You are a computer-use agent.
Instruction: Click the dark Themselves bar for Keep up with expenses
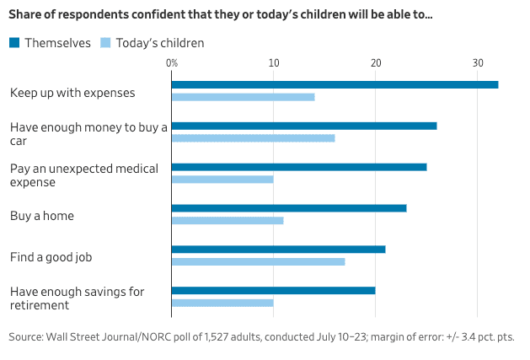pyautogui.click(x=335, y=84)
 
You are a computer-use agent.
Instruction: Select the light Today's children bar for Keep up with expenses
pyautogui.click(x=243, y=97)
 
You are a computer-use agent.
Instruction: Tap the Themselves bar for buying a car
pyautogui.click(x=304, y=126)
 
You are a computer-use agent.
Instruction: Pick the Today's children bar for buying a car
pyautogui.click(x=253, y=138)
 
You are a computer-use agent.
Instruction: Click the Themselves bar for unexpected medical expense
pyautogui.click(x=299, y=167)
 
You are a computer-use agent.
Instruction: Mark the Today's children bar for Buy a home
pyautogui.click(x=228, y=220)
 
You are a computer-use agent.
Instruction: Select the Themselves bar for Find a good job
pyautogui.click(x=278, y=249)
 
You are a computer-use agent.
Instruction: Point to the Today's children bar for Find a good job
pyautogui.click(x=258, y=261)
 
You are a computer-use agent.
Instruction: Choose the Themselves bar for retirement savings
pyautogui.click(x=273, y=290)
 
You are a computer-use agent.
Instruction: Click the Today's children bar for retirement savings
pyautogui.click(x=222, y=303)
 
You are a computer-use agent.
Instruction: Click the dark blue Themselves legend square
pyautogui.click(x=14, y=43)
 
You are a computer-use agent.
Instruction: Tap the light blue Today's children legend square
pyautogui.click(x=105, y=43)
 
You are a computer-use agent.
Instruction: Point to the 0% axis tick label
pyautogui.click(x=172, y=63)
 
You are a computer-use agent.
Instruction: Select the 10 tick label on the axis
pyautogui.click(x=274, y=63)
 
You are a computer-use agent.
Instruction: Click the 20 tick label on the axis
pyautogui.click(x=376, y=63)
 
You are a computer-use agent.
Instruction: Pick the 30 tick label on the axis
pyautogui.click(x=478, y=63)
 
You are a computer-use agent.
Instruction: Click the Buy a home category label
pyautogui.click(x=42, y=216)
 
